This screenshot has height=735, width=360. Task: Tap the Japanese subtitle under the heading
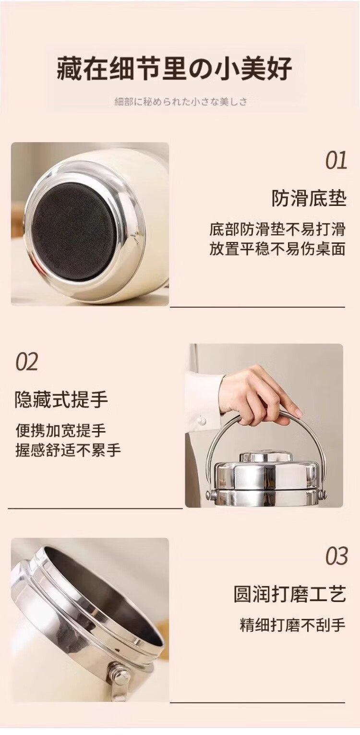[x=180, y=102]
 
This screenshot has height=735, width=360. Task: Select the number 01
[x=336, y=160]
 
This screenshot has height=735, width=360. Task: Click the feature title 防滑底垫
[x=309, y=199]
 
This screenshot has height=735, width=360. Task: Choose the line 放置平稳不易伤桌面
[x=277, y=249]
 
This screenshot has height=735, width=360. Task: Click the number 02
[x=27, y=362]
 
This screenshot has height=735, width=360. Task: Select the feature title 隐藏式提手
[x=61, y=399]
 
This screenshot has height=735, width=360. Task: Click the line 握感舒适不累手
[x=68, y=450]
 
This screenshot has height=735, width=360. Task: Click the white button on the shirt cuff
[x=202, y=421]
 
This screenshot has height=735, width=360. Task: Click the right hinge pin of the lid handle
[x=323, y=494]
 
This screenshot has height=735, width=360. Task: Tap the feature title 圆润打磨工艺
[x=290, y=594]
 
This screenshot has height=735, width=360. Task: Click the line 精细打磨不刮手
[x=293, y=625]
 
